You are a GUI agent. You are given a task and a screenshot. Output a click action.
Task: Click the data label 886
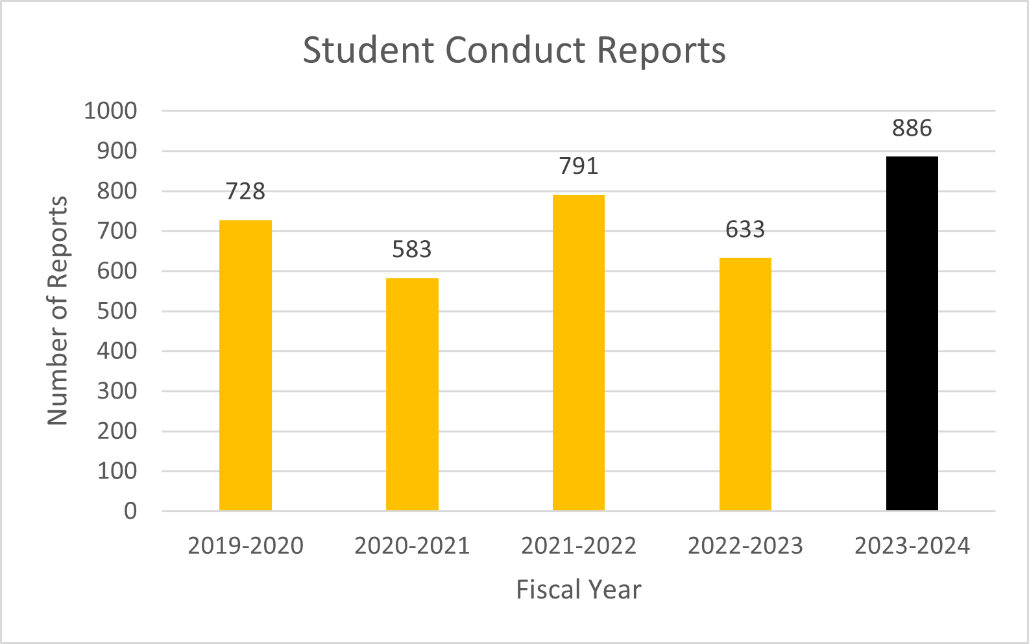click(x=912, y=129)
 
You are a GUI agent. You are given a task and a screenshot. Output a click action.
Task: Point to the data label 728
click(x=245, y=192)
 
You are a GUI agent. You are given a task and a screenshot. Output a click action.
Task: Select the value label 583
click(x=412, y=249)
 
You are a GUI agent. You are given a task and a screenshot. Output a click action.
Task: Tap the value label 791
click(x=578, y=166)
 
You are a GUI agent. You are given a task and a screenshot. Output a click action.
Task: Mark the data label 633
click(x=745, y=229)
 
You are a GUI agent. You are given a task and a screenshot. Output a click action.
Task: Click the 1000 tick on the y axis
click(x=111, y=111)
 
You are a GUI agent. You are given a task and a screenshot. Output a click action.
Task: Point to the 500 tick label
click(x=117, y=311)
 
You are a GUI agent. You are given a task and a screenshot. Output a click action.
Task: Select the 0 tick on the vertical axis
click(x=130, y=512)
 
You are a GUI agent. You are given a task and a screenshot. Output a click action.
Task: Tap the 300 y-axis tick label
click(x=117, y=391)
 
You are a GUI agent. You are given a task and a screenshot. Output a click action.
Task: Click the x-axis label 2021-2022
click(x=578, y=546)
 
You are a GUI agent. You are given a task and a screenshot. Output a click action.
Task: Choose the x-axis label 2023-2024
click(x=912, y=546)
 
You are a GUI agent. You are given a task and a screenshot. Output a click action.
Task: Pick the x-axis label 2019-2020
click(x=245, y=546)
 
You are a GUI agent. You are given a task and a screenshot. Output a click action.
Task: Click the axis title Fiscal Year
click(x=578, y=590)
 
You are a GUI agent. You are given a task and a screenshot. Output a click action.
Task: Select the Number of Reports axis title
click(x=58, y=311)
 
